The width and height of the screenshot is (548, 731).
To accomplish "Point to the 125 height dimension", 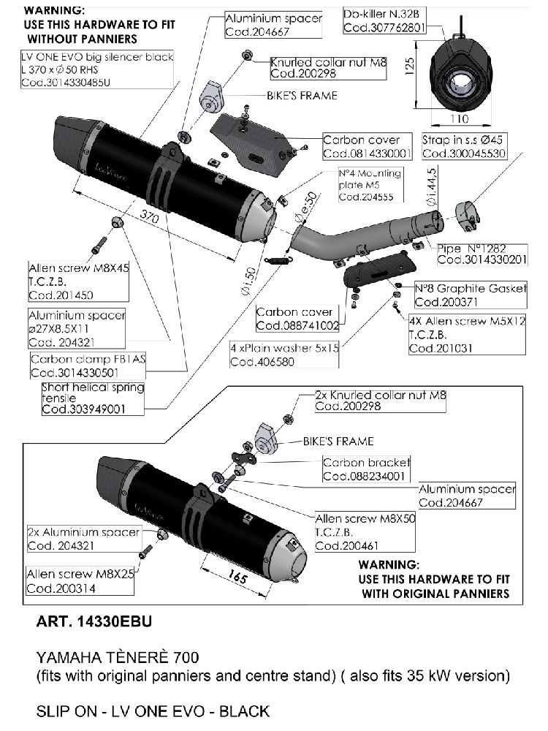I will click(411, 67).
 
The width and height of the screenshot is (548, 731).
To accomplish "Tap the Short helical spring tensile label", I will click(93, 387).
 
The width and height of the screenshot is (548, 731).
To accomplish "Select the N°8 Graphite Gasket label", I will click(470, 288).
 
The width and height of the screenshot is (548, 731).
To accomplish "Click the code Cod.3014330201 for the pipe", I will click(482, 260).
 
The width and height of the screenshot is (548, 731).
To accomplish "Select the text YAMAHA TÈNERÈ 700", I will click(118, 658).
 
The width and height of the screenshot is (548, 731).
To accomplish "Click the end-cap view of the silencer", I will click(463, 72).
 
